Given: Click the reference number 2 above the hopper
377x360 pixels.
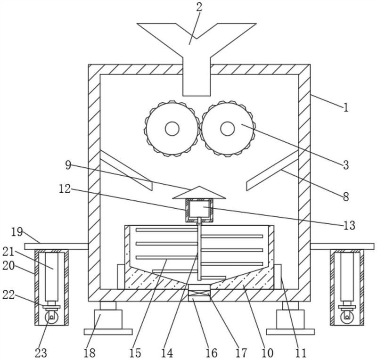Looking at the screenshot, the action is pyautogui.click(x=199, y=7).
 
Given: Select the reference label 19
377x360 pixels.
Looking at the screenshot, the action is pyautogui.click(x=17, y=232).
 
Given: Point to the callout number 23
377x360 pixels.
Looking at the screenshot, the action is pyautogui.click(x=41, y=353).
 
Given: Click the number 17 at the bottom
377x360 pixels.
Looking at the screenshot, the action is pyautogui.click(x=241, y=353).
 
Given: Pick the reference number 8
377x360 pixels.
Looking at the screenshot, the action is pyautogui.click(x=346, y=197).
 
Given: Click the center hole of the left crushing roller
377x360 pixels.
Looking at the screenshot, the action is pyautogui.click(x=172, y=129).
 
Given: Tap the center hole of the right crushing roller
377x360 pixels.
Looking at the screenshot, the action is pyautogui.click(x=228, y=129).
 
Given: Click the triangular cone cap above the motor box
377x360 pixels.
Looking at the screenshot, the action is pyautogui.click(x=199, y=192).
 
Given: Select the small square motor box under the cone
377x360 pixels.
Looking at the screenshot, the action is pyautogui.click(x=199, y=211).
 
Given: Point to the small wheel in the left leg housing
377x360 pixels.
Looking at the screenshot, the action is pyautogui.click(x=51, y=318).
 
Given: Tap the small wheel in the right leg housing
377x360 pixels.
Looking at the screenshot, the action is pyautogui.click(x=347, y=318).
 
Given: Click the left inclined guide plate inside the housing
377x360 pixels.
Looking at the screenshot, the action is pyautogui.click(x=126, y=170).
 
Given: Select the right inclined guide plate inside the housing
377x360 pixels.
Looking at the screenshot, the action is pyautogui.click(x=272, y=170).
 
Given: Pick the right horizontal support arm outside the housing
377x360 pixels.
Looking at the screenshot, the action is pyautogui.click(x=342, y=246).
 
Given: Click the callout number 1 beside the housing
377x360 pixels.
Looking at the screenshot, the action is pyautogui.click(x=346, y=107).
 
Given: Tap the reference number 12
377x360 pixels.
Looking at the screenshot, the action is pyautogui.click(x=65, y=189).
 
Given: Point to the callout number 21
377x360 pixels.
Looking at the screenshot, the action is pyautogui.click(x=8, y=252).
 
